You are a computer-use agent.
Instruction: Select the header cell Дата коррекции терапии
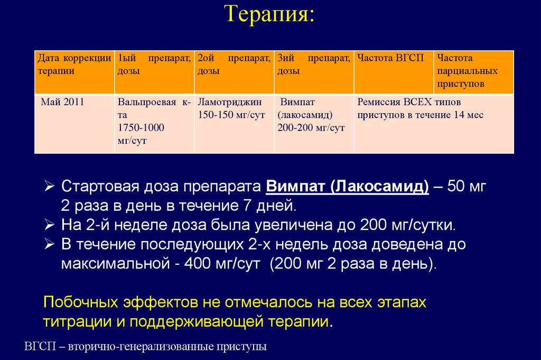coord(74,64)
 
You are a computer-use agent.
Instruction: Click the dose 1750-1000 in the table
coord(141,127)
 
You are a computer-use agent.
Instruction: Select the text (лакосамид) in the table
coord(304,115)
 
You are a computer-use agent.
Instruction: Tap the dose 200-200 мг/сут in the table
coord(311,127)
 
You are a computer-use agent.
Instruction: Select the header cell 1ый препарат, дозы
coord(154,64)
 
